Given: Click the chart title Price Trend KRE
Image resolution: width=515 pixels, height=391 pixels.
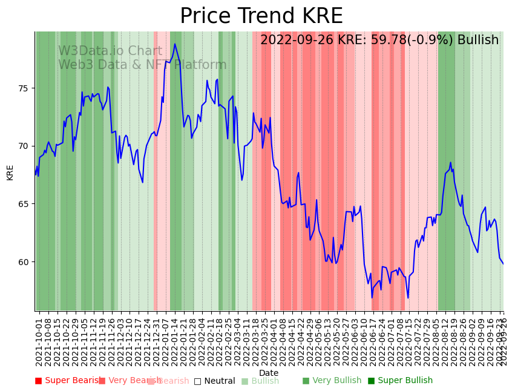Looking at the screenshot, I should click(x=261, y=16).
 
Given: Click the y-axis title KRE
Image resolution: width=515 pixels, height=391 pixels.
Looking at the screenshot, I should click(x=10, y=172).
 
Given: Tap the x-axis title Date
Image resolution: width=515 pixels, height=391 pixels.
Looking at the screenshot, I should click(x=269, y=373).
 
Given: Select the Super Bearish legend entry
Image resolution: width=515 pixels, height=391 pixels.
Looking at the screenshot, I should click(x=67, y=381).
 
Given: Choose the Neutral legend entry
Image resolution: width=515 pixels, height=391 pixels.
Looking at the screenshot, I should click(x=214, y=381).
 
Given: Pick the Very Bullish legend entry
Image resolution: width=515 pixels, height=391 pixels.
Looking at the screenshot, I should click(x=332, y=381).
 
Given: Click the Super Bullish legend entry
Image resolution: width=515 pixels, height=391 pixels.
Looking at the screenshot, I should click(x=400, y=381).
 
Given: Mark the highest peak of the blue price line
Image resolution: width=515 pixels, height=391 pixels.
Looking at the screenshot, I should click(x=175, y=44).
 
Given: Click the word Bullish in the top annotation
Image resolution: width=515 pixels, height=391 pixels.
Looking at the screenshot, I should click(x=478, y=40).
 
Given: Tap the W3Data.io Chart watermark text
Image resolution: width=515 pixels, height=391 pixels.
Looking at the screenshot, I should click(x=110, y=51).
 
